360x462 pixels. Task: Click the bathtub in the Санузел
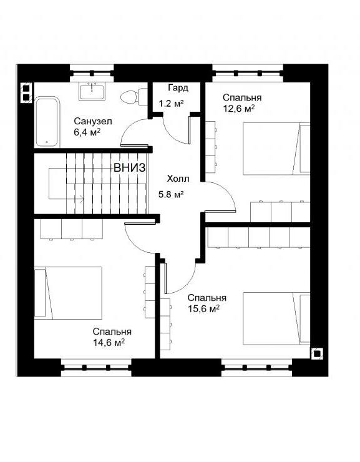47,122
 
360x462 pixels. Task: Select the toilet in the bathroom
134,97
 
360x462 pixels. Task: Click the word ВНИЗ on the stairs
130,168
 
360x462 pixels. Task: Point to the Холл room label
178,179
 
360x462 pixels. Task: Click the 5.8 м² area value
172,194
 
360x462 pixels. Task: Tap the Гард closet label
178,88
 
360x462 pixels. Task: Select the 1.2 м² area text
172,104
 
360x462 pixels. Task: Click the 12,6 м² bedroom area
239,109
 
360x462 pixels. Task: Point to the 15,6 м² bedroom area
203,309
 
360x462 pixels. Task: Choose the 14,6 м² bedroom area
109,343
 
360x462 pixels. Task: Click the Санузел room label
93,121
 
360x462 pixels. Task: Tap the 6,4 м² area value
87,132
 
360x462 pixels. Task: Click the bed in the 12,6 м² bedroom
276,149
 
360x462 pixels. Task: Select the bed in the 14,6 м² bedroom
68,293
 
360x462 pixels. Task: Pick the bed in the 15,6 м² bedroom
276,318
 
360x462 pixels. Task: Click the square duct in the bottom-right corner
318,353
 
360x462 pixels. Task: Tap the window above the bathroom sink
92,73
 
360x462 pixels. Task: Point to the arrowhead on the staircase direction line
82,199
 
